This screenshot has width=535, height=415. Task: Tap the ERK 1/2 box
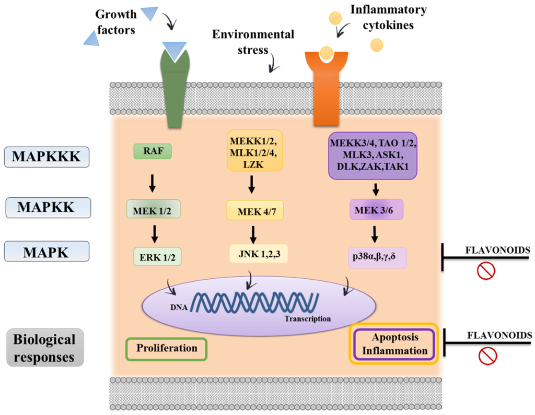tap(157, 256)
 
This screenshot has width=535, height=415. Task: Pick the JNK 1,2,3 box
tap(259, 254)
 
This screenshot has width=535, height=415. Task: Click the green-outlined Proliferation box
tap(167, 348)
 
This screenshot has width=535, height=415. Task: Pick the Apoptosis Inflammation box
tap(393, 345)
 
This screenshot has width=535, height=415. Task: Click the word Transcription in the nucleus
tap(308, 318)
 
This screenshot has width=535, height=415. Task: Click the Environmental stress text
tap(253, 42)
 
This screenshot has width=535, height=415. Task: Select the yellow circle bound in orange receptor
tap(326, 53)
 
